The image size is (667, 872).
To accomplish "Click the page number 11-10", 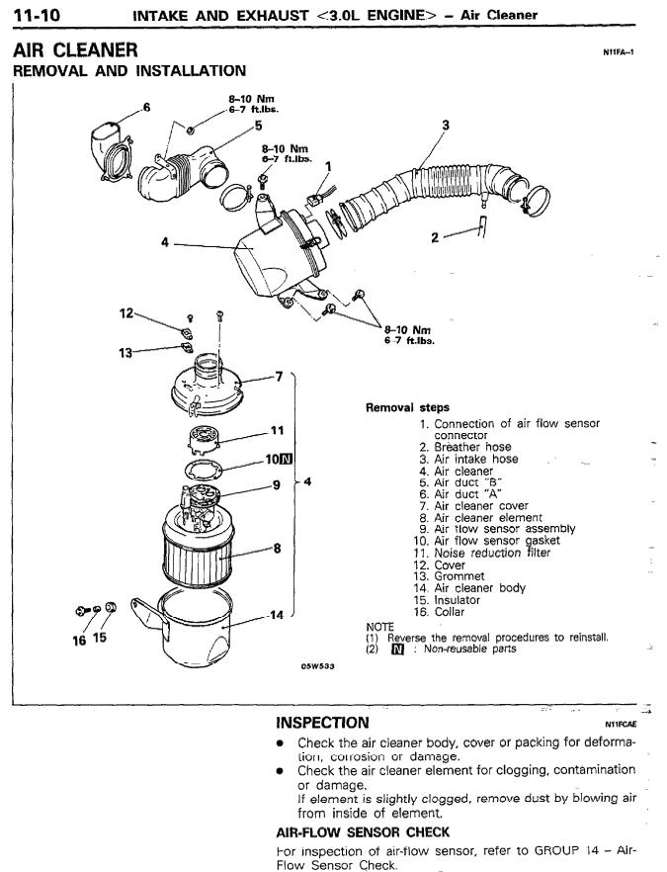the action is click(37, 14).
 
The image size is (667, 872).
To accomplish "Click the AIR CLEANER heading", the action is click(75, 50).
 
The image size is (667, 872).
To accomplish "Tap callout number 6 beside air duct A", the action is click(146, 107).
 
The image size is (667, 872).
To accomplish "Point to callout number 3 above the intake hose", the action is click(446, 126).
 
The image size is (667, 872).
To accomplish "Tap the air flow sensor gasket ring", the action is click(204, 469).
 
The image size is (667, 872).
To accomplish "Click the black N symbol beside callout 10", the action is click(287, 459).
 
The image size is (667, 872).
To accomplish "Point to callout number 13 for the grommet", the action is click(125, 353).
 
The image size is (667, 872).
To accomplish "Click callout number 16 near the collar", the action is click(79, 640).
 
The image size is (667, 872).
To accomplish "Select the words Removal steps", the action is click(407, 407).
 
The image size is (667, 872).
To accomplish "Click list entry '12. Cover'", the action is click(437, 566).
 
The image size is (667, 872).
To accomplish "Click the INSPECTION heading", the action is click(322, 723).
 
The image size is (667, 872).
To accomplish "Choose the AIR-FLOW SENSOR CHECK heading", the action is click(363, 832).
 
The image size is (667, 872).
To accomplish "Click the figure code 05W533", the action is click(318, 666).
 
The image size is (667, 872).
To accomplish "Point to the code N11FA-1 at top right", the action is click(619, 52).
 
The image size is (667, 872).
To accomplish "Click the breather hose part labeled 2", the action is click(481, 226).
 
